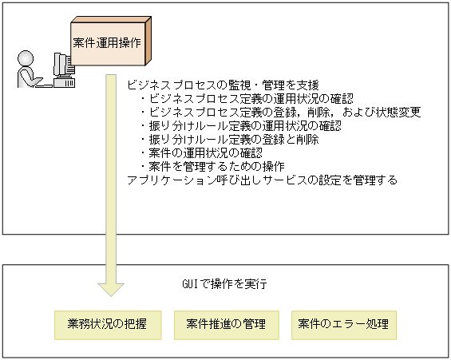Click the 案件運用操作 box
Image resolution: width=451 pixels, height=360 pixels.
pos(107,42)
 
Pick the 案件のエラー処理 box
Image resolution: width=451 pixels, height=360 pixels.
pos(343,324)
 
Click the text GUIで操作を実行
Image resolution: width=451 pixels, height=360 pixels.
pos(224,284)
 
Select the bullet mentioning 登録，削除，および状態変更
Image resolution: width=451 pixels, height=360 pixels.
pos(279,113)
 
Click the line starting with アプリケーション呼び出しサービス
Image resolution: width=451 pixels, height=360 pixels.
pos(262,180)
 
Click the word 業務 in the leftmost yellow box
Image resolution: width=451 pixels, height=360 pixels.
pos(75,324)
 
